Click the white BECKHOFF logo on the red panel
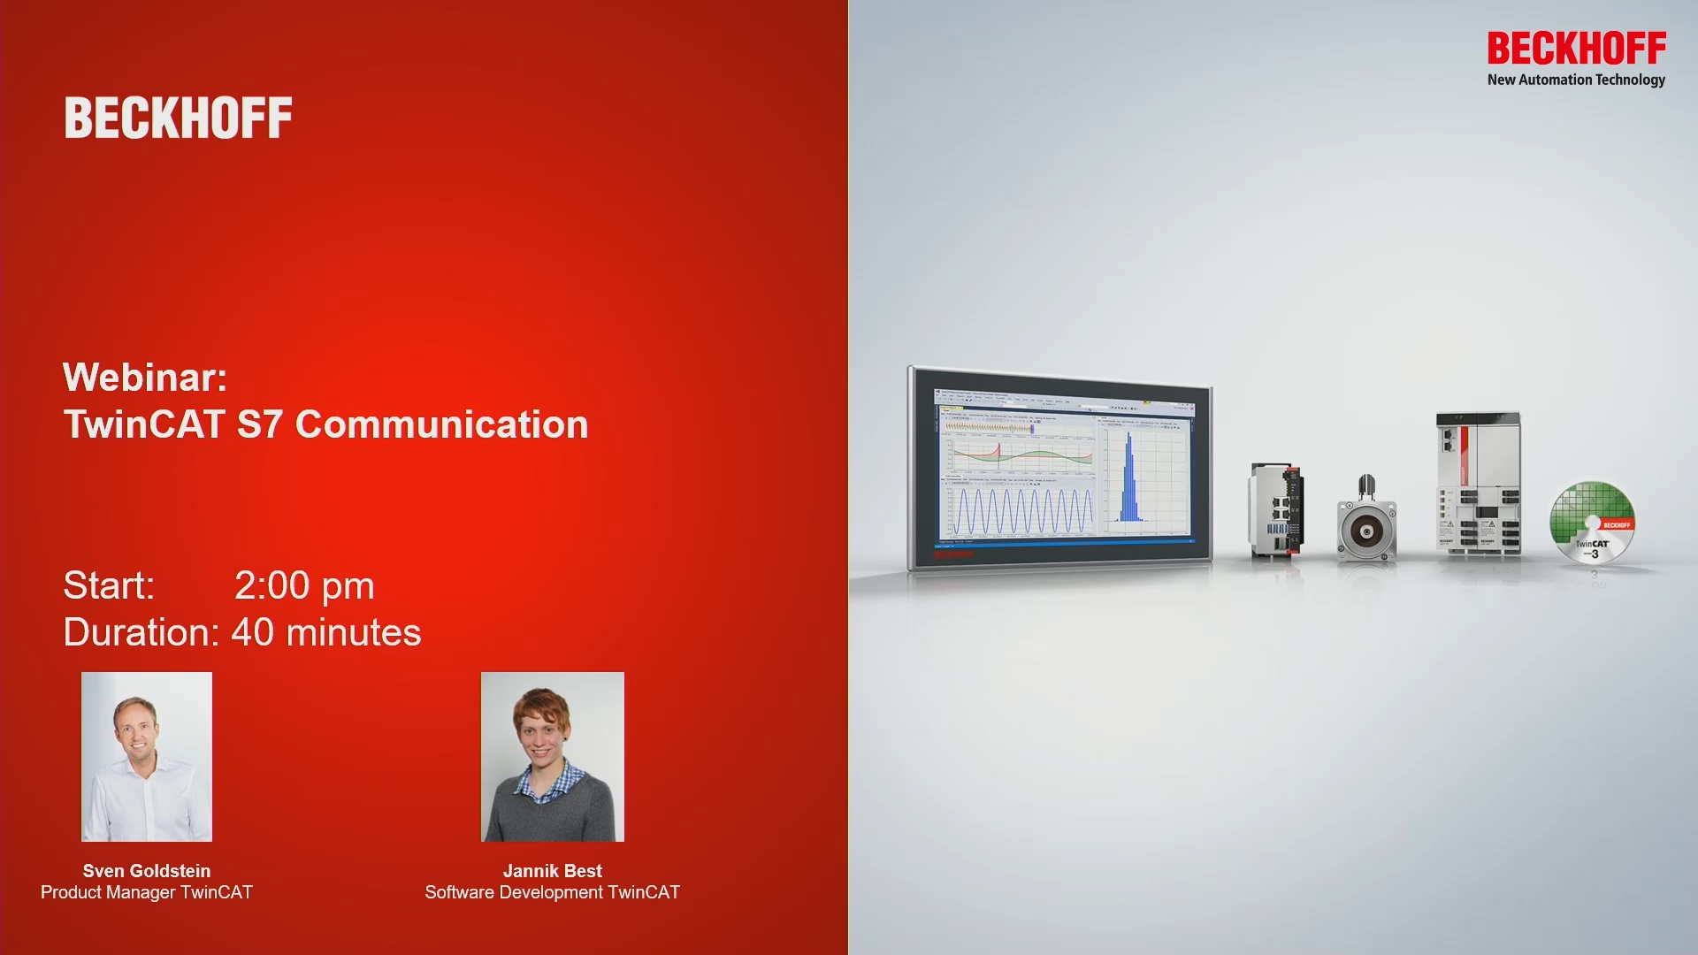(178, 118)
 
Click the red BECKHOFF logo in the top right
(1576, 49)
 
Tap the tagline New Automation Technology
(1576, 80)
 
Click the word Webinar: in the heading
(145, 378)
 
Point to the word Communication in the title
(441, 424)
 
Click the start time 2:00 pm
(304, 586)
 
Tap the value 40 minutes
(326, 633)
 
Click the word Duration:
(141, 633)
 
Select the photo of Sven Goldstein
(147, 757)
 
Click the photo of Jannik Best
(553, 757)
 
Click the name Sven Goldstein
(147, 871)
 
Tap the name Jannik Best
(553, 871)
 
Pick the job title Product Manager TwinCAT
(147, 892)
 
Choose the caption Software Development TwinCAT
(553, 892)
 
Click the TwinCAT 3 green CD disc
(1592, 523)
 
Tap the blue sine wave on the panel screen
(1021, 511)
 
